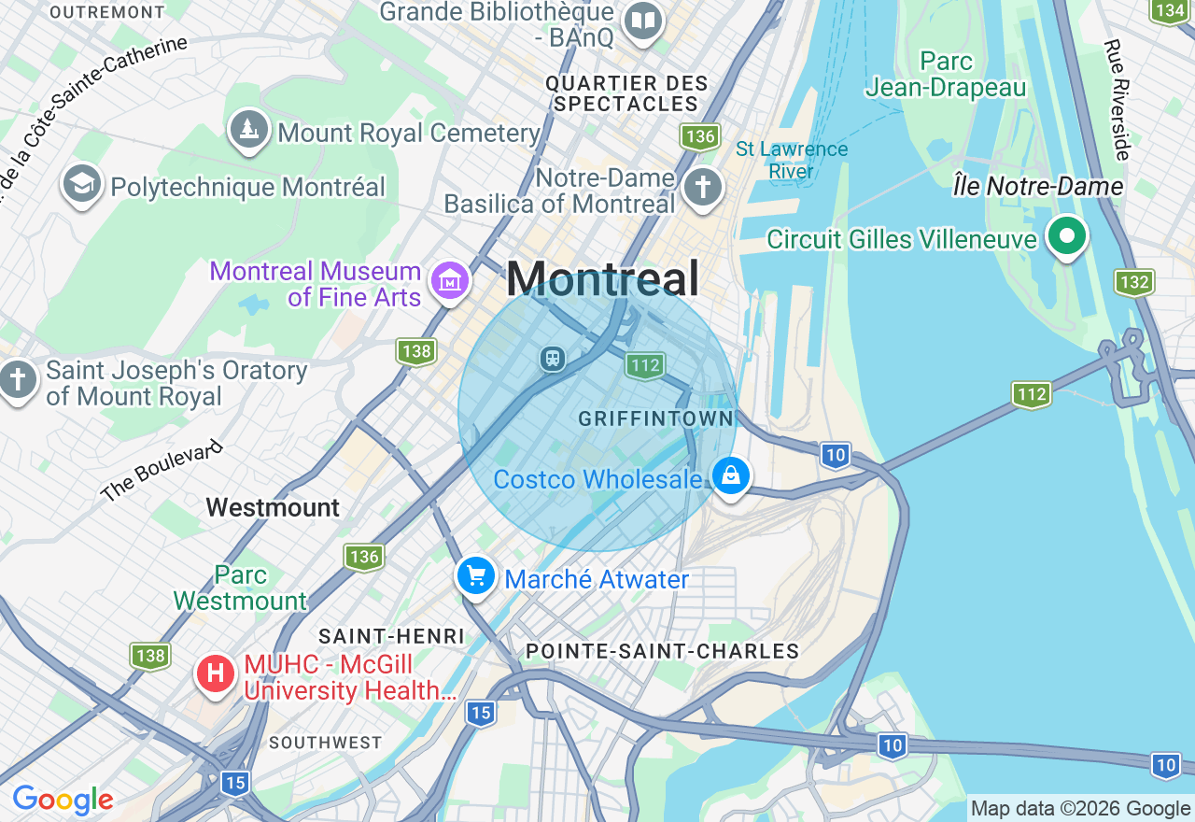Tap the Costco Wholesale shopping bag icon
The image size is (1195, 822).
tap(731, 476)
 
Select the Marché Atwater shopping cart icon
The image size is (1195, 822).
tap(477, 576)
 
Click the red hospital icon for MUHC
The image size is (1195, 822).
tap(216, 673)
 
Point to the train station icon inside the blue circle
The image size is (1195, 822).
tap(553, 359)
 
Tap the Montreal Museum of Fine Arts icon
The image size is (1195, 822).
tap(449, 280)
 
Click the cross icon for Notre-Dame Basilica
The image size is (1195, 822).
tap(702, 187)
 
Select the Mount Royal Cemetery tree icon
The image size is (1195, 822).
tap(248, 130)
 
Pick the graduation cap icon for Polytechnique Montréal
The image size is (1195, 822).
tap(82, 184)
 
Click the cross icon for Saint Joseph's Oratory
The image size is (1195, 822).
tap(18, 381)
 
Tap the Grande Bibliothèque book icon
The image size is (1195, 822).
tap(642, 20)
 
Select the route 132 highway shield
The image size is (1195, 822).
tap(1133, 282)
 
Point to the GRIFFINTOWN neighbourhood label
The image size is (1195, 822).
tap(655, 418)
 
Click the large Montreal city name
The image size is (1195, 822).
tap(602, 278)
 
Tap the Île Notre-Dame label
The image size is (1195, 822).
tap(1037, 187)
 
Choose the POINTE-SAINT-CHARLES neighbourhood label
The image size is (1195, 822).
tap(662, 651)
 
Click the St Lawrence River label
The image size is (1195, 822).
tap(792, 160)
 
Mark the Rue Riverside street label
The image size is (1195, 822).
tap(1118, 99)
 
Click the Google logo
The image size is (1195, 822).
tap(63, 800)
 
